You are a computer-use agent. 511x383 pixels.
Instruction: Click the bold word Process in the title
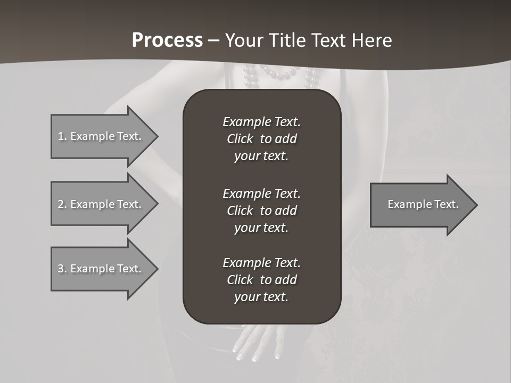pos(167,40)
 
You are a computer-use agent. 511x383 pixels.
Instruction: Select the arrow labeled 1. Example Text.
pos(101,136)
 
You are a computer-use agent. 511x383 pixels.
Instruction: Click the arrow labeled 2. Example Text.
pos(101,204)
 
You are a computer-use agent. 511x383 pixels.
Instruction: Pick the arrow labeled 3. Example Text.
pos(101,269)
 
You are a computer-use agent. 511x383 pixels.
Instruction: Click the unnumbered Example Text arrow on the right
pos(421,204)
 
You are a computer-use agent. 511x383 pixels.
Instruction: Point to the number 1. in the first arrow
pos(62,136)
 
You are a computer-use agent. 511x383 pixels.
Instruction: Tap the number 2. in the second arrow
pos(62,204)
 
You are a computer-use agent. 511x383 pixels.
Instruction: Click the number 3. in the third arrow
pos(62,269)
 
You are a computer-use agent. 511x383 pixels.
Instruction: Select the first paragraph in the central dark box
pos(261,139)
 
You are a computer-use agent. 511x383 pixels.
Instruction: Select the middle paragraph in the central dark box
pos(261,211)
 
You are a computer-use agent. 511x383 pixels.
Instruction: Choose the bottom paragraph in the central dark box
pos(261,280)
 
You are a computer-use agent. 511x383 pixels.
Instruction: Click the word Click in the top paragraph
pos(240,139)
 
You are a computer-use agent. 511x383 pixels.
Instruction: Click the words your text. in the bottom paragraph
pos(261,297)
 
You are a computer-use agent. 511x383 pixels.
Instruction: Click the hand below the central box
pos(256,340)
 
